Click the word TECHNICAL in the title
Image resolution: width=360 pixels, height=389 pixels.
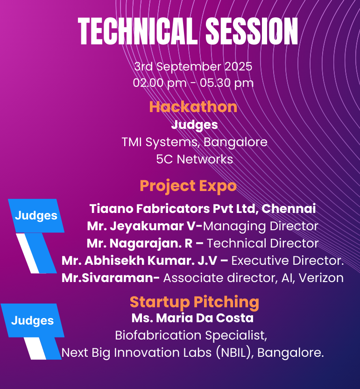coord(137,31)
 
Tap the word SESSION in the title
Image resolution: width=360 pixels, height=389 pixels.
coord(252,31)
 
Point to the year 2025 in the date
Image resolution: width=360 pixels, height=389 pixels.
coord(238,66)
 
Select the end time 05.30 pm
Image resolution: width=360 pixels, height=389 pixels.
coord(227,83)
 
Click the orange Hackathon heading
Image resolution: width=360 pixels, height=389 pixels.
coord(193,107)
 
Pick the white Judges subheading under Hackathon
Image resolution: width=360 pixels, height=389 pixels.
coord(195,125)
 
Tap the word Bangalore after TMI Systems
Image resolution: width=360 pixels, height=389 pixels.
coord(235,142)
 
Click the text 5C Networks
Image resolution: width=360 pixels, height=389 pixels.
coord(195,159)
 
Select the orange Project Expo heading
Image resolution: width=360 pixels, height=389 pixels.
coord(188,186)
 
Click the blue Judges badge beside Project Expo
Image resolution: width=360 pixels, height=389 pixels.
coord(36,216)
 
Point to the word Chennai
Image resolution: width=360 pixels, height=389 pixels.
coord(289,209)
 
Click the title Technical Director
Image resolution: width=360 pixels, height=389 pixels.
coord(263,243)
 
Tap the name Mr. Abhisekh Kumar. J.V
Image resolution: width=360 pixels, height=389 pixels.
coord(140,261)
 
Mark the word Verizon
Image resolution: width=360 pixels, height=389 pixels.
coord(321,278)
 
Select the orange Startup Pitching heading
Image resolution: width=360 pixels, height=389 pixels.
coord(194,302)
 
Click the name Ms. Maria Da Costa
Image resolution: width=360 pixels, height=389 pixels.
coord(192,318)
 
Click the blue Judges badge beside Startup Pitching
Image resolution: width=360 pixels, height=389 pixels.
coord(33,320)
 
